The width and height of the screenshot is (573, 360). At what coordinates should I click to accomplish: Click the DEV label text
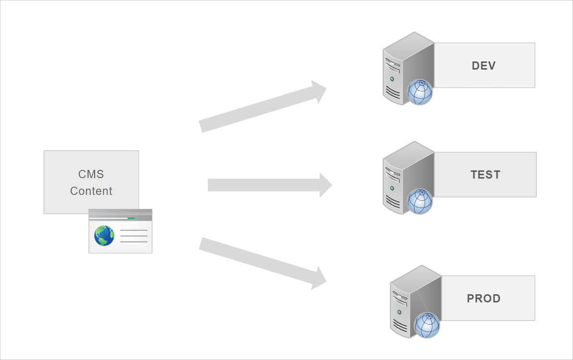[x=484, y=66]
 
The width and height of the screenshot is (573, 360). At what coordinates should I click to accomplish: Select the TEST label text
[x=486, y=175]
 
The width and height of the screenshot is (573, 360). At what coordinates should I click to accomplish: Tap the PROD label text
[x=484, y=299]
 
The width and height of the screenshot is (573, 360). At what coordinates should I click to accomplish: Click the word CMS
[x=91, y=174]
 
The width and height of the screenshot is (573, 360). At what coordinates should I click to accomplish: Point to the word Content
[x=91, y=191]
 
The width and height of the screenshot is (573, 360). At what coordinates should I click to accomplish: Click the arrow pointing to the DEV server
[x=263, y=106]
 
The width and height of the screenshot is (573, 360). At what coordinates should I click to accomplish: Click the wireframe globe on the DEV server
[x=420, y=93]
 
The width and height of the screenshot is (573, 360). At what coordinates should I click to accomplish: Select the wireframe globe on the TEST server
[x=420, y=202]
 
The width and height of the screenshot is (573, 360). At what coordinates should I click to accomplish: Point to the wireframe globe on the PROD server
[x=427, y=325]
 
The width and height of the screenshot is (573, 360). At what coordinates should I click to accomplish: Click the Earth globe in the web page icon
[x=104, y=236]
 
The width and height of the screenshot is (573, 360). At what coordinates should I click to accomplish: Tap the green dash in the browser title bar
[x=131, y=218]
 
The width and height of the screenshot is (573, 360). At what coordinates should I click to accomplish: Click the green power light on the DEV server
[x=392, y=79]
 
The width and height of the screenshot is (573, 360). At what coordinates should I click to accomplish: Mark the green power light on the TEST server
[x=392, y=188]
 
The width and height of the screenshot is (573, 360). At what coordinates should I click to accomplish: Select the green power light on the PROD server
[x=399, y=312]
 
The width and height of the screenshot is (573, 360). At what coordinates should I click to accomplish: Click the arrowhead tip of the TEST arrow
[x=331, y=185]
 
